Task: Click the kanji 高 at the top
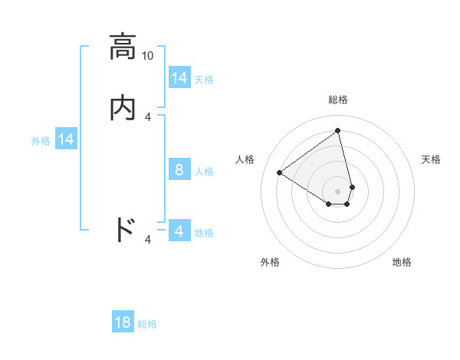click(x=123, y=47)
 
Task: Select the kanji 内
click(x=123, y=108)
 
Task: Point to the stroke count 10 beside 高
click(x=148, y=55)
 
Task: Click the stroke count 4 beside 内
click(x=148, y=116)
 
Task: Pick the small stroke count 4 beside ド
click(x=148, y=240)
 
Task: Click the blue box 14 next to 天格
click(x=179, y=78)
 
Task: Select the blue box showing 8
click(x=179, y=170)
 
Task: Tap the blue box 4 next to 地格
click(x=179, y=231)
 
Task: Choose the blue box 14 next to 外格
click(x=66, y=139)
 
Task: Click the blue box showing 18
click(x=123, y=322)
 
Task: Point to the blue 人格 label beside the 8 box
click(x=204, y=171)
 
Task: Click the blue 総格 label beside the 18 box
click(x=147, y=324)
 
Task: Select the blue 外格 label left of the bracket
click(x=41, y=141)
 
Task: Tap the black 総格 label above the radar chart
click(x=338, y=100)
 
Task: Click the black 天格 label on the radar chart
click(x=431, y=159)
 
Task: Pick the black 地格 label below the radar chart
click(x=402, y=262)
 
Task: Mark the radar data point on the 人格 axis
click(x=280, y=172)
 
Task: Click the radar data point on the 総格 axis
click(x=338, y=130)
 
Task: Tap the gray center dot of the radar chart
click(x=338, y=191)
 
